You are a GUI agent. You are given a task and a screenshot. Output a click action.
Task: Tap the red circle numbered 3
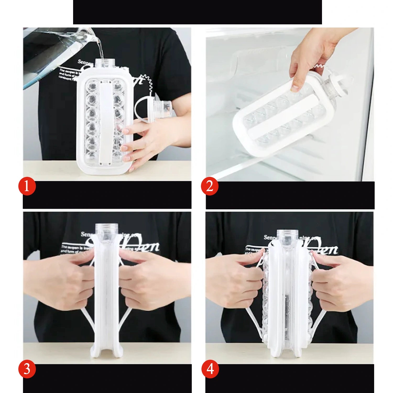[x=27, y=369]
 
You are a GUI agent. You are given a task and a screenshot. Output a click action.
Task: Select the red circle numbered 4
[x=210, y=369]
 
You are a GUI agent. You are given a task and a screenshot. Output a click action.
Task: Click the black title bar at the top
[x=197, y=12]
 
